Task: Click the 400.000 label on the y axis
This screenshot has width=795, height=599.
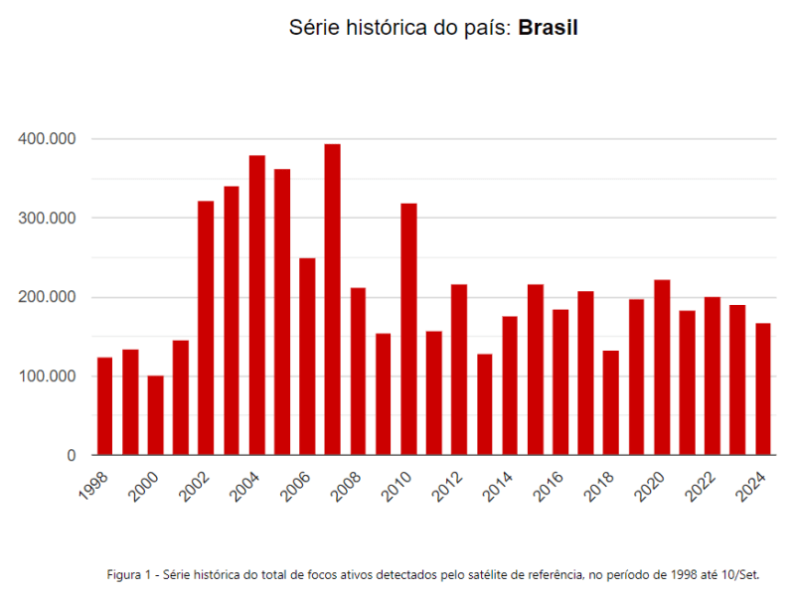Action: [48, 139]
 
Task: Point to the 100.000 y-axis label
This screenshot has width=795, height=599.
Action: [48, 376]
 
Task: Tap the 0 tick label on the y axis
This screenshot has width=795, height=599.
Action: [72, 456]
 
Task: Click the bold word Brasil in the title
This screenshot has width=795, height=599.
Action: [548, 28]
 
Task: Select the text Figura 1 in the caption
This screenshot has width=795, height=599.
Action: [127, 574]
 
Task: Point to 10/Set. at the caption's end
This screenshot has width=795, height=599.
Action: [740, 574]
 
